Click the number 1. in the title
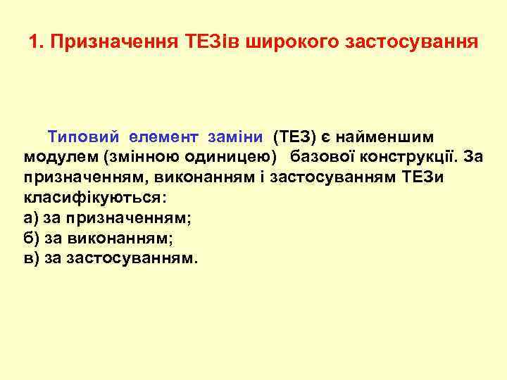[x=37, y=42]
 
